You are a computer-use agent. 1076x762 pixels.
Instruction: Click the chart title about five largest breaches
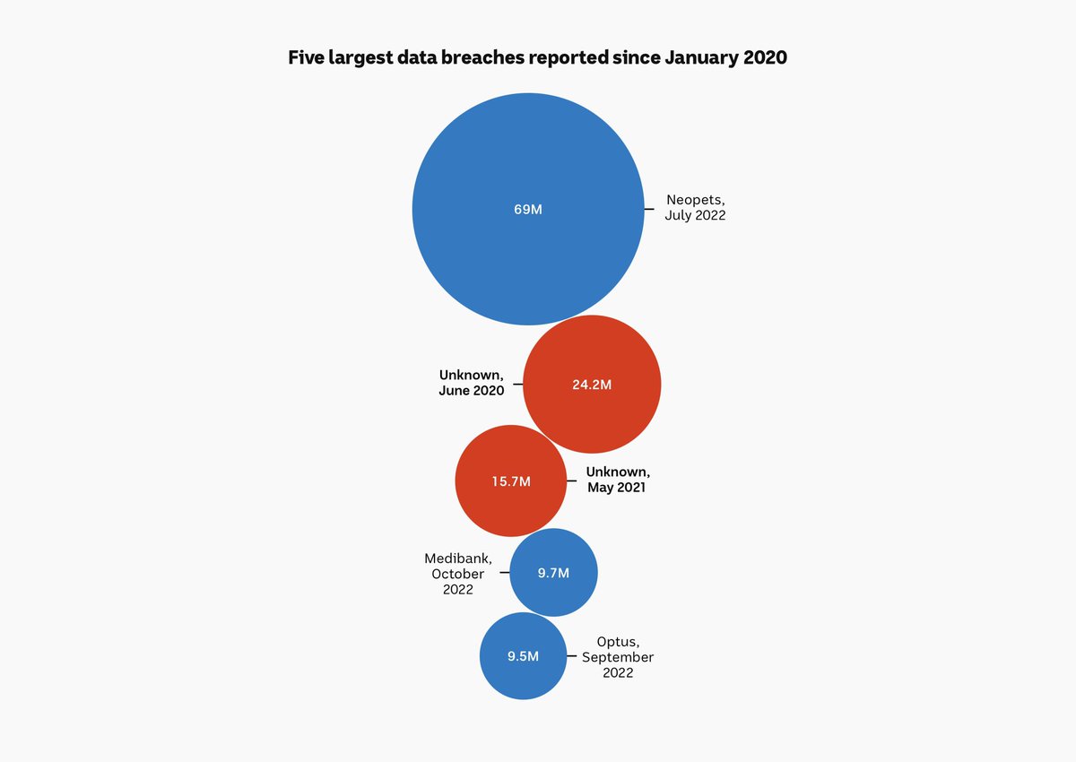(537, 57)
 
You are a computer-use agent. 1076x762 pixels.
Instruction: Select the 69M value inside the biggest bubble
(528, 209)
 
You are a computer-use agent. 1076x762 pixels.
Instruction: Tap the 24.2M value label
(592, 385)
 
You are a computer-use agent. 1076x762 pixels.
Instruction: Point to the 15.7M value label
(511, 481)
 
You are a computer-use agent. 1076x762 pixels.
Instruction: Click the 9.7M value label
(553, 573)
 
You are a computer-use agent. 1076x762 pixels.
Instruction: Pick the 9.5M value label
(523, 656)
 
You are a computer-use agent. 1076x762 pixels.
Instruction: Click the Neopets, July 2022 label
(695, 208)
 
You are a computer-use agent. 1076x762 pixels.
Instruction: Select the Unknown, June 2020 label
(472, 383)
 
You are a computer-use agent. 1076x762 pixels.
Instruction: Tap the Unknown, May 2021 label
(618, 480)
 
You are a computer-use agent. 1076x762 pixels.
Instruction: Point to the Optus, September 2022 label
(618, 657)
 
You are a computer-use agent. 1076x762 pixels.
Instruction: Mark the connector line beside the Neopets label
(649, 209)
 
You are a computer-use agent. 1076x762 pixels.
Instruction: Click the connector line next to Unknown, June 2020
(517, 385)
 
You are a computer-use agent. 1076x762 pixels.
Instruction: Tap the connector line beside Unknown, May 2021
(572, 481)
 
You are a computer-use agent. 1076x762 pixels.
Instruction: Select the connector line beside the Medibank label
(504, 573)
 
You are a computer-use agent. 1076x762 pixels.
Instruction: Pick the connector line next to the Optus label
(571, 656)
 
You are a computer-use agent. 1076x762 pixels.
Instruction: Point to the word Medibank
(458, 559)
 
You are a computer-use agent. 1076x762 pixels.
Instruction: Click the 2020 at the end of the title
(763, 57)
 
